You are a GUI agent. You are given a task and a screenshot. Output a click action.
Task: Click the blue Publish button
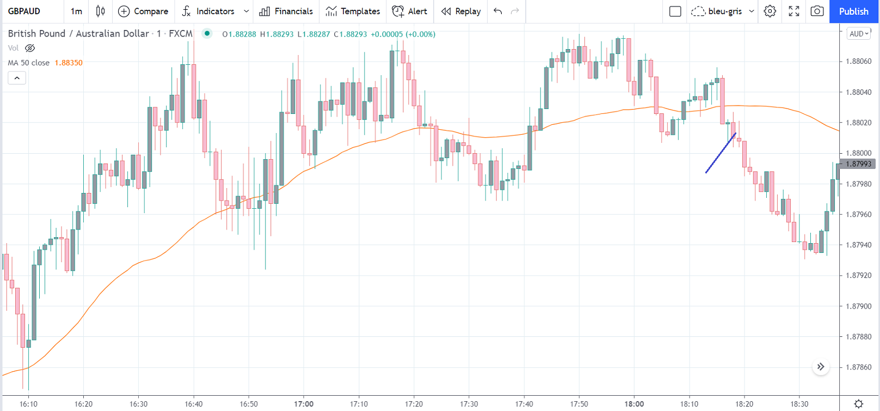853,11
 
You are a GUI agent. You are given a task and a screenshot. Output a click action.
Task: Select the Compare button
143,11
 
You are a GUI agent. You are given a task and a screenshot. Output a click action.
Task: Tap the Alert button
410,11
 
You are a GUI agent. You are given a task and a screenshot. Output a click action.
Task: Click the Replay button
461,11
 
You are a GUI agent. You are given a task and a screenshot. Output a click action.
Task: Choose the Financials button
286,11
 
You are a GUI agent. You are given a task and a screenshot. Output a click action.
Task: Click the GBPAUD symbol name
24,11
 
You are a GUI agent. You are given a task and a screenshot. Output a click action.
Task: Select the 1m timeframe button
76,11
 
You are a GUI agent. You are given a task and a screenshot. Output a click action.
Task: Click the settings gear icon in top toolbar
770,11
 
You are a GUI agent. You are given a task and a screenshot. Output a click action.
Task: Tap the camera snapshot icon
817,11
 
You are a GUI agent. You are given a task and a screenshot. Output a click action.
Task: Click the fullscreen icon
794,11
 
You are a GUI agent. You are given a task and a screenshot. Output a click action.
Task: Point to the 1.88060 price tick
858,62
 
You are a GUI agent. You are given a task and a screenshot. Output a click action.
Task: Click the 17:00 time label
304,404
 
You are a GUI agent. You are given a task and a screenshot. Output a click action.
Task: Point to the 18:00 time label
634,404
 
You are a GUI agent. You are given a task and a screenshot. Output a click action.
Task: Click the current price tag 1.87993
858,164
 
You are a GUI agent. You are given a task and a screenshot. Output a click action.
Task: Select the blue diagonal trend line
721,153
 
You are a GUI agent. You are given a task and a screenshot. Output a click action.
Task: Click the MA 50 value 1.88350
69,63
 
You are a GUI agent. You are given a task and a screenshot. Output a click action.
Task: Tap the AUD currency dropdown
859,34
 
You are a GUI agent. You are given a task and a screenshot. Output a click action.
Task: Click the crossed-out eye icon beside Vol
30,49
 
